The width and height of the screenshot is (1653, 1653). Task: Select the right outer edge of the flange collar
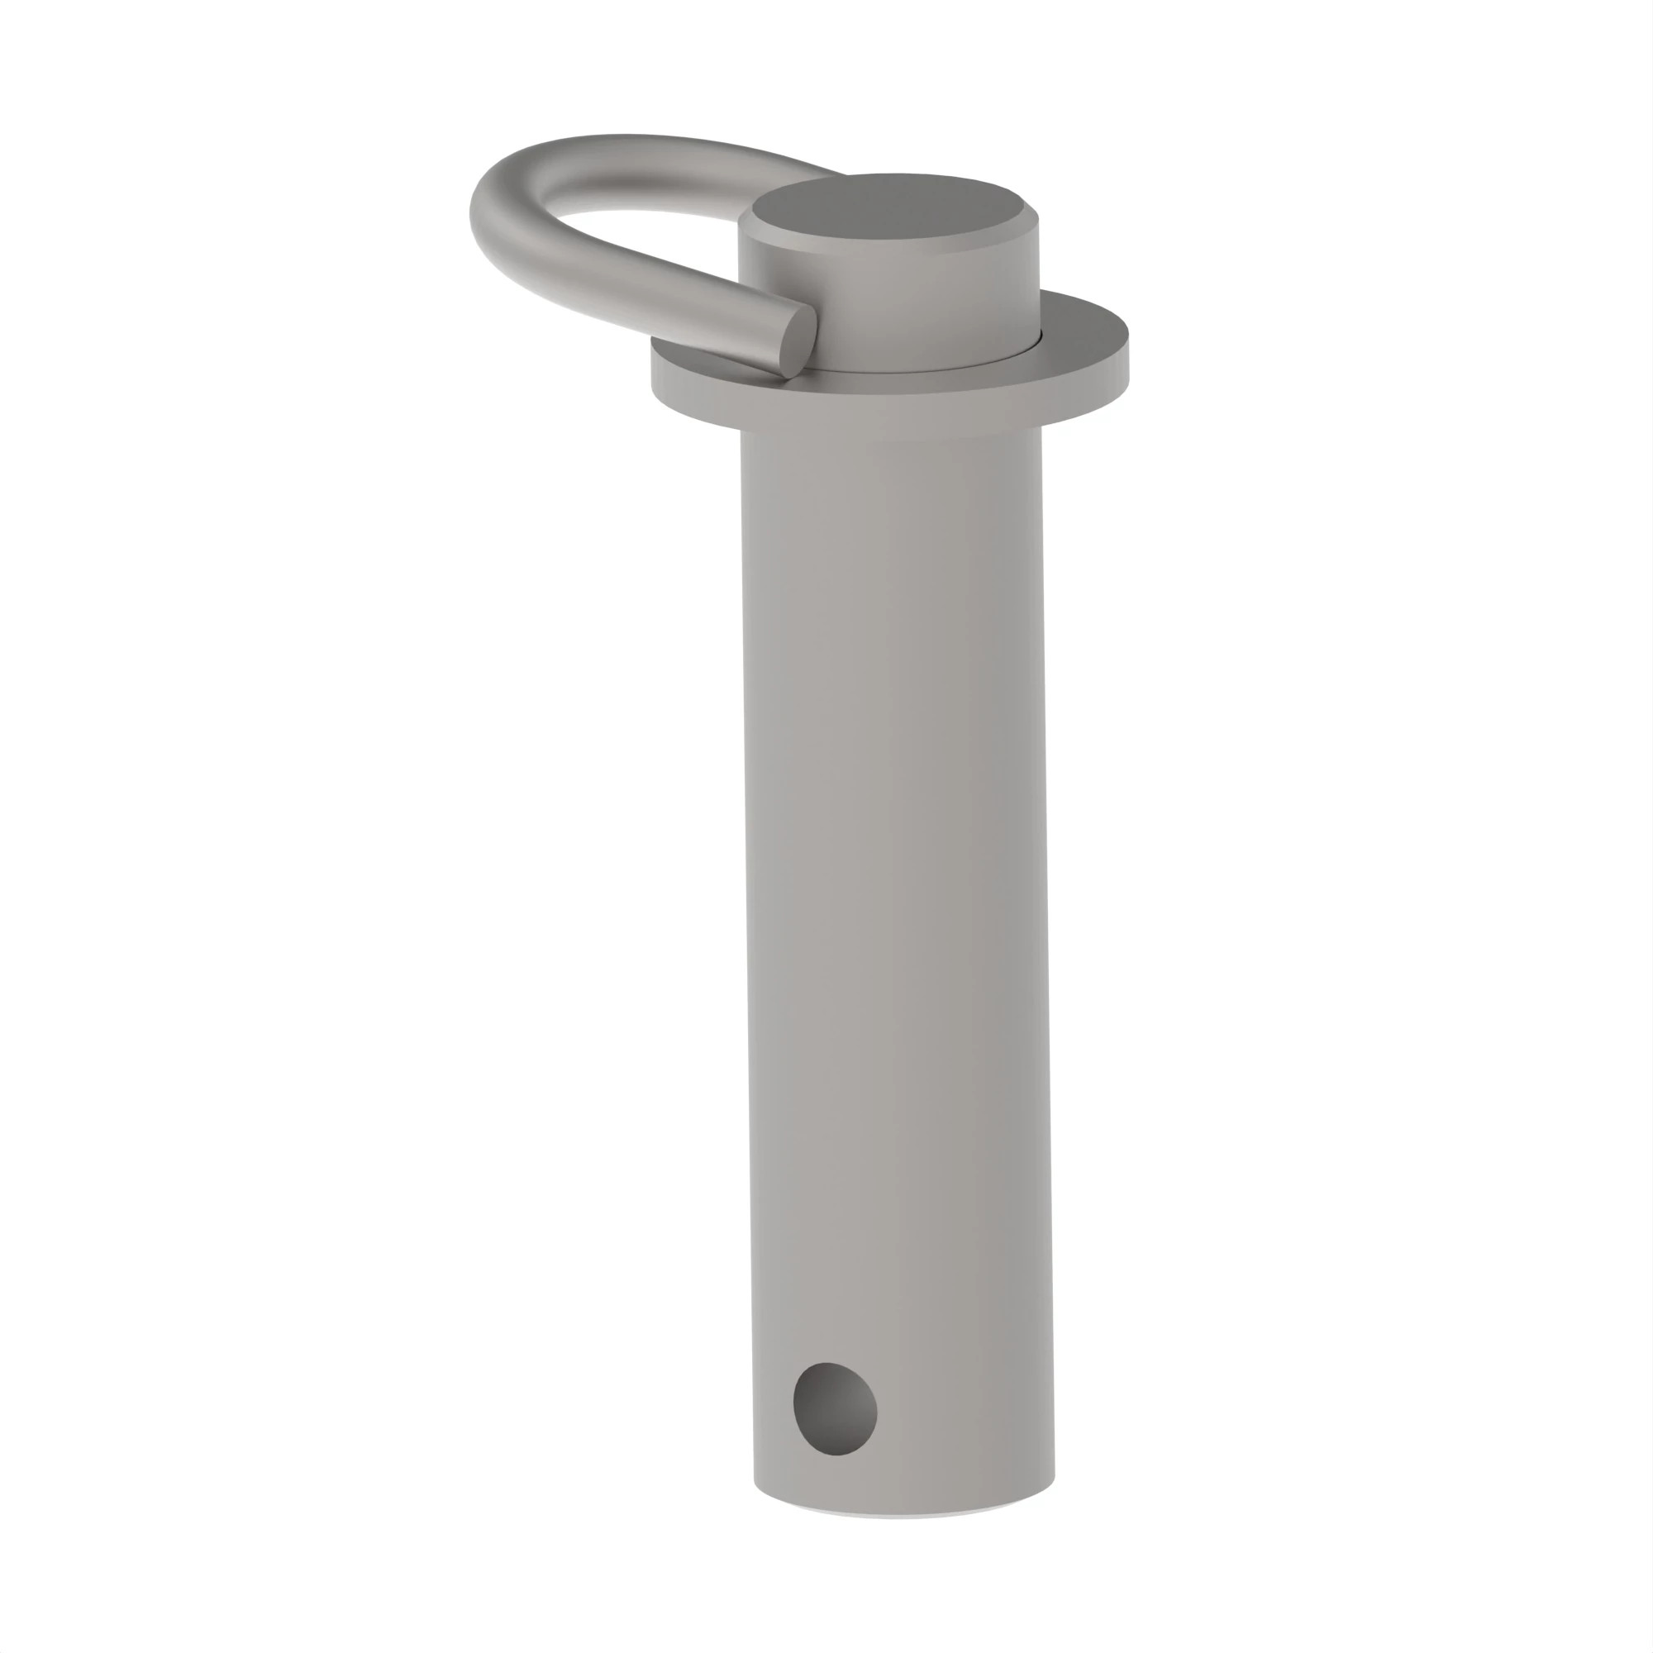(1126, 360)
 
